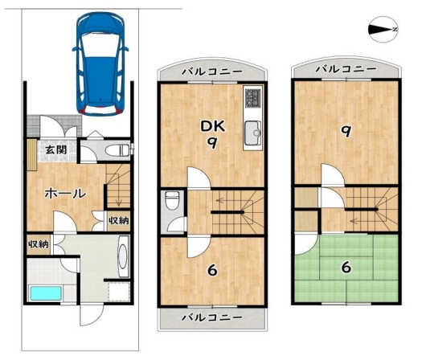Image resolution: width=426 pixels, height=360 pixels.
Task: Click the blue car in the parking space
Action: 100,64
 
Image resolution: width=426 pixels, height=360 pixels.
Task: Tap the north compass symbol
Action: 383,30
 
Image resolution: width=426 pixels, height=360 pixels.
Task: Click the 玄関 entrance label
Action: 55,149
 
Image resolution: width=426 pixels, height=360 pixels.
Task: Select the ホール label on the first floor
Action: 65,194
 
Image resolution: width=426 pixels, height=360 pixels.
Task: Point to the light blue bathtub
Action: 46,293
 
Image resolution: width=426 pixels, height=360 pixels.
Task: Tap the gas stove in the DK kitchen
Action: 253,97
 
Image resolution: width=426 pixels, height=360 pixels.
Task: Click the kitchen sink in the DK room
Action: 252,133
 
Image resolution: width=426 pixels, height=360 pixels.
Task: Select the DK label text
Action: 212,126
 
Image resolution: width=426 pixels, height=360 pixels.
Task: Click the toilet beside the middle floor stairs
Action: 172,201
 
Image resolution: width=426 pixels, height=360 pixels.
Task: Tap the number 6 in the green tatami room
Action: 346,268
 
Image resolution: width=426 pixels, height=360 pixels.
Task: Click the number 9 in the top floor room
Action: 346,132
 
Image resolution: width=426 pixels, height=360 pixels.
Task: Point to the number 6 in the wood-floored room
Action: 212,270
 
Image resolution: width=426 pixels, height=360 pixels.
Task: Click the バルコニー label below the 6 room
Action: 212,317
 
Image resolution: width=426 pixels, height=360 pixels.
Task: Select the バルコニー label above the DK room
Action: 212,72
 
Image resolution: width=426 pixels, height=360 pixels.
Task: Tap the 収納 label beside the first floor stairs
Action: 119,221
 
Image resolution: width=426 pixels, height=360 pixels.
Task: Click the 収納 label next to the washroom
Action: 39,244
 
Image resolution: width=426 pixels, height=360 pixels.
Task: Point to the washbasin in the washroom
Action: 124,256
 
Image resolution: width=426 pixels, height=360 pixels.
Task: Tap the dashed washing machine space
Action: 119,292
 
